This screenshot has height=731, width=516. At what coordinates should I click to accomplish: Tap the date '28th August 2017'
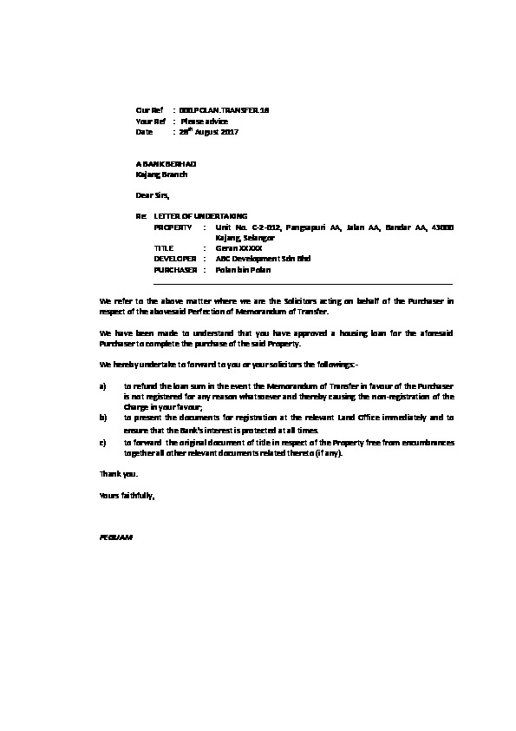(208, 133)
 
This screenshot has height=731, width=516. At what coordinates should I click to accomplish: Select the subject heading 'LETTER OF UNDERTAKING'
(200, 215)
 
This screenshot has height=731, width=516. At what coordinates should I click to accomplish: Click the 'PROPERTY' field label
(173, 227)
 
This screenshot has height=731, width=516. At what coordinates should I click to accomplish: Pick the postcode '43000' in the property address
(440, 227)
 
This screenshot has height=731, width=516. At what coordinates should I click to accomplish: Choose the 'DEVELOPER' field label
(174, 259)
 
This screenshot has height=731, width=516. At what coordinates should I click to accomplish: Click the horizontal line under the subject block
(303, 284)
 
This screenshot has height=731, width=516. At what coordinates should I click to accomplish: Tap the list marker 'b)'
(104, 418)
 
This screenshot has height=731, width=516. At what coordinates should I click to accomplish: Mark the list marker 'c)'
(104, 442)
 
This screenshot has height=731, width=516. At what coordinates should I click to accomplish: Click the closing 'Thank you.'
(118, 474)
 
